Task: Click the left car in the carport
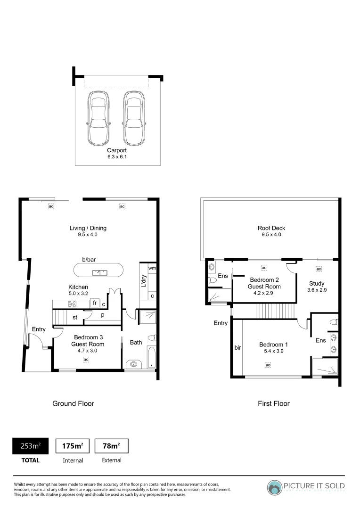click(x=98, y=118)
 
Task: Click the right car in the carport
click(x=134, y=118)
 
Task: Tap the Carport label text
click(x=117, y=151)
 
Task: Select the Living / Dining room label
click(x=88, y=228)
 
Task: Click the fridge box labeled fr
click(x=95, y=303)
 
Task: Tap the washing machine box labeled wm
click(x=152, y=268)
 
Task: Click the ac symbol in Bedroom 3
click(x=86, y=360)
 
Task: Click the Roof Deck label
click(x=271, y=228)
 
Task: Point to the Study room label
click(x=317, y=283)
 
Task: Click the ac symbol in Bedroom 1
click(x=268, y=365)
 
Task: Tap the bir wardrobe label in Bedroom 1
click(x=237, y=348)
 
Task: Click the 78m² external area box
click(x=111, y=446)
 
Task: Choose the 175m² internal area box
click(x=73, y=446)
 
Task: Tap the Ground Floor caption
click(x=73, y=403)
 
